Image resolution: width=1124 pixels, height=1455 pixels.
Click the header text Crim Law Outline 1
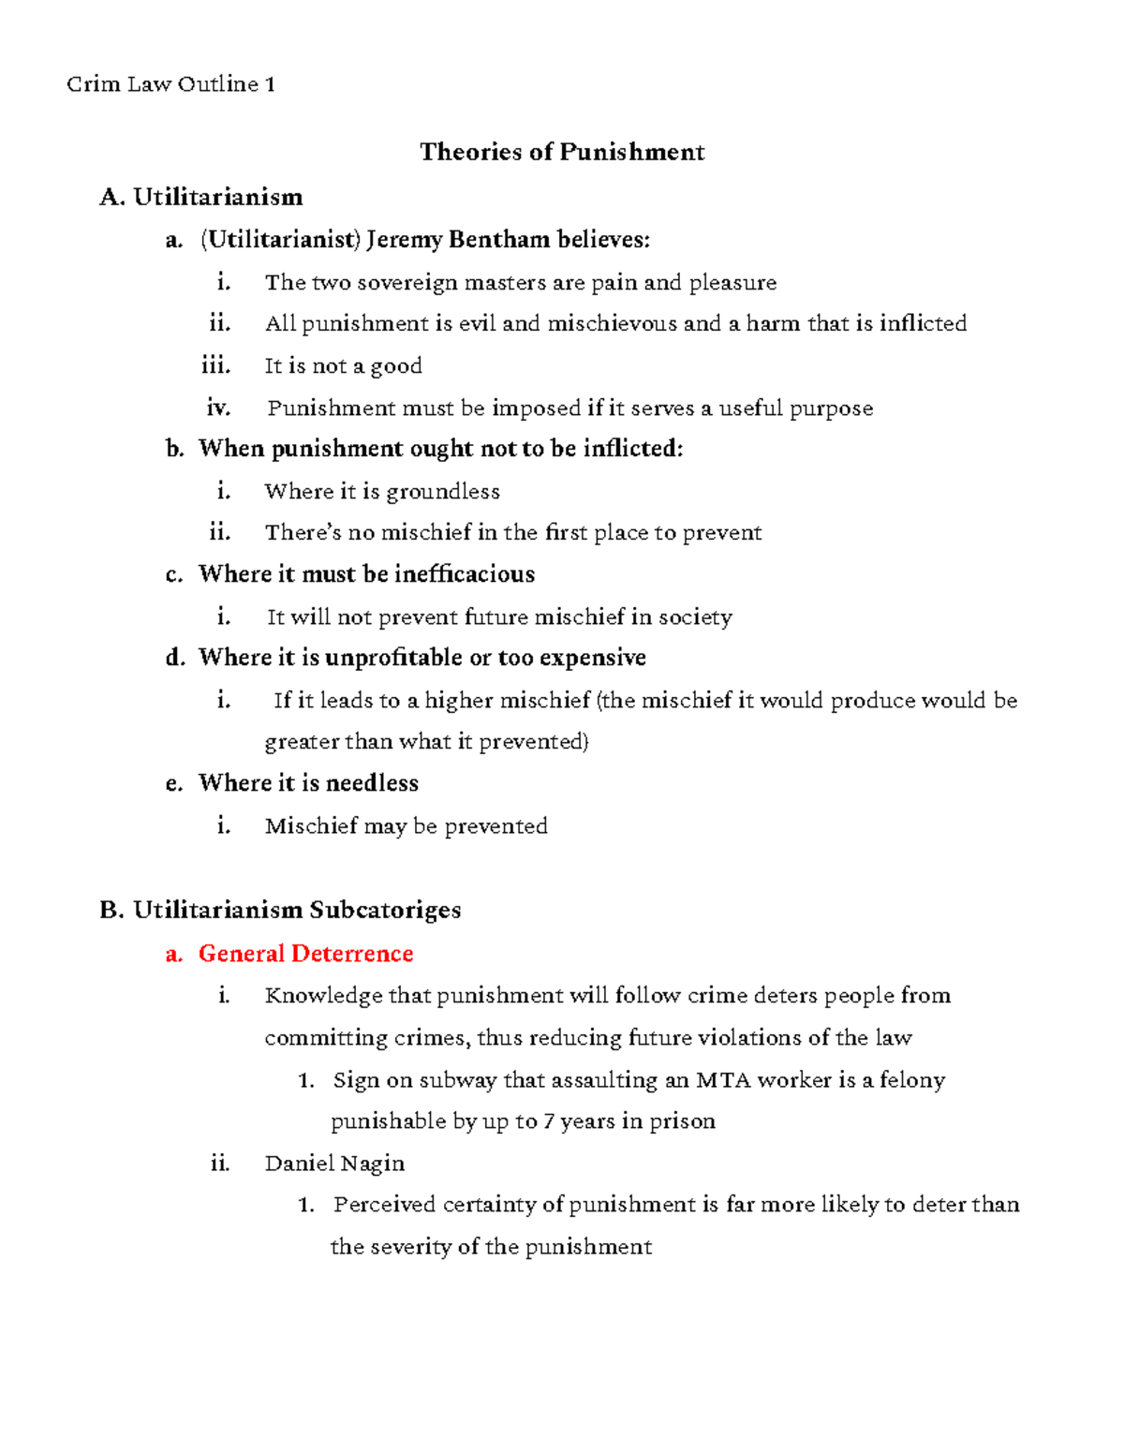tap(170, 84)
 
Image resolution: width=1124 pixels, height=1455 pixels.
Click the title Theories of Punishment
tap(562, 152)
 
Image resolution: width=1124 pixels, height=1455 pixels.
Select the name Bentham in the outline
tap(499, 240)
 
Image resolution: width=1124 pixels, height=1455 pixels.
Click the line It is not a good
tap(343, 365)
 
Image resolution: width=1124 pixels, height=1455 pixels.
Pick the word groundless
tap(443, 491)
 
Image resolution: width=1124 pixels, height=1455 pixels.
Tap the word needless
tap(372, 782)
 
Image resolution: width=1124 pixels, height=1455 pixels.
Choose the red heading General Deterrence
tap(305, 953)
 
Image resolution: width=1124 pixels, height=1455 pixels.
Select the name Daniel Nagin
tap(334, 1163)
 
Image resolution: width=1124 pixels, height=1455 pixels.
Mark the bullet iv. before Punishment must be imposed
tap(218, 408)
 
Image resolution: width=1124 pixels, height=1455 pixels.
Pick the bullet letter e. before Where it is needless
tap(173, 783)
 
